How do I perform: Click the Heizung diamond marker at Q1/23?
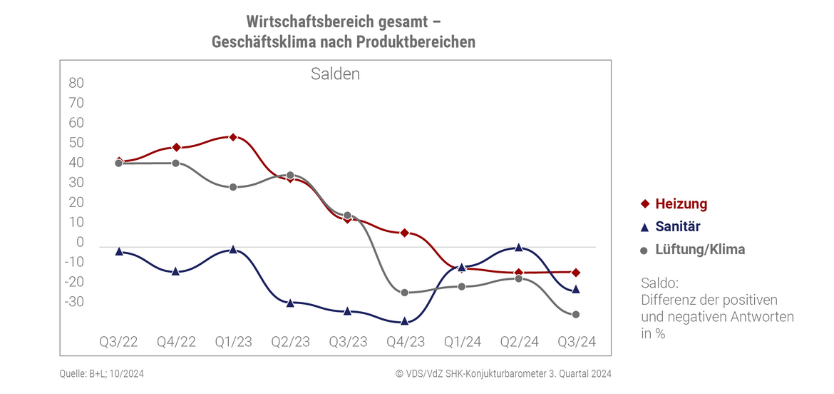click(x=233, y=137)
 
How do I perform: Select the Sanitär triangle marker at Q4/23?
click(x=405, y=321)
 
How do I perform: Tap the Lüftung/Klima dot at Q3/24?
click(x=576, y=314)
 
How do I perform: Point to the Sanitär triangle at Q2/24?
click(x=519, y=247)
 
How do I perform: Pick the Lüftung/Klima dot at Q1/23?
click(x=233, y=187)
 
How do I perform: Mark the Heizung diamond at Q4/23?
click(x=405, y=233)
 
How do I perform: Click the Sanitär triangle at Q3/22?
click(x=119, y=251)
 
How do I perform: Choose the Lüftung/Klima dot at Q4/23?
click(x=405, y=293)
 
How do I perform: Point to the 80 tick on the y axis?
click(x=76, y=83)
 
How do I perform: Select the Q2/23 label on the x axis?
click(x=290, y=342)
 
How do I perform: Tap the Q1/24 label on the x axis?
click(x=462, y=342)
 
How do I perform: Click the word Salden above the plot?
click(x=335, y=74)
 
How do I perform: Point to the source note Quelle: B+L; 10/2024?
click(x=106, y=373)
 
